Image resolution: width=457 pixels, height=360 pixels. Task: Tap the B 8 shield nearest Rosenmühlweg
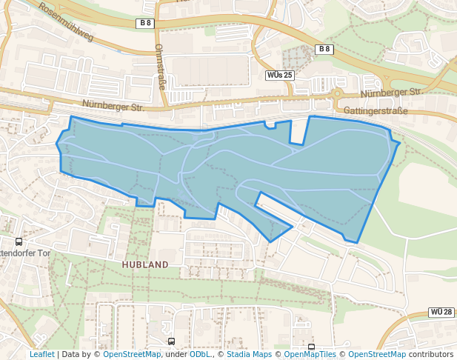pyautogui.click(x=145, y=23)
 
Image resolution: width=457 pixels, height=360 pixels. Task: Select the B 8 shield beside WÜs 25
pyautogui.click(x=323, y=49)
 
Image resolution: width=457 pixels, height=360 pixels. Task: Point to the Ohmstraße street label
pyautogui.click(x=160, y=66)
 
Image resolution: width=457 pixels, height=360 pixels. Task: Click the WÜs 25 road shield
pyautogui.click(x=279, y=76)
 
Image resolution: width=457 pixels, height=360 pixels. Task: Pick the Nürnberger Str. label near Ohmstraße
pyautogui.click(x=113, y=106)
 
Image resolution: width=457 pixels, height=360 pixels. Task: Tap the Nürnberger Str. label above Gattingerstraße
pyautogui.click(x=390, y=94)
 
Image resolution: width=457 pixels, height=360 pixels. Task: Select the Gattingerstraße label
pyautogui.click(x=376, y=110)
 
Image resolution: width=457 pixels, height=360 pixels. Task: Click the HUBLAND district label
pyautogui.click(x=146, y=264)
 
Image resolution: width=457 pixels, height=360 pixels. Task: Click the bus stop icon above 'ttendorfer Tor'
pyautogui.click(x=19, y=241)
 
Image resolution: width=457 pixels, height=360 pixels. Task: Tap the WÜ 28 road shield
pyautogui.click(x=441, y=313)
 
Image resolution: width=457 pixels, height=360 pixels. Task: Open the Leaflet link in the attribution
pyautogui.click(x=41, y=354)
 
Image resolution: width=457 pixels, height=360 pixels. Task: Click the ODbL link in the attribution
pyautogui.click(x=199, y=354)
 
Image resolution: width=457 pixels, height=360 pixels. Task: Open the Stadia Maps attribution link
pyautogui.click(x=247, y=354)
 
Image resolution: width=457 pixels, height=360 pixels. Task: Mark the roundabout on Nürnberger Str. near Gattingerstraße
pyautogui.click(x=336, y=94)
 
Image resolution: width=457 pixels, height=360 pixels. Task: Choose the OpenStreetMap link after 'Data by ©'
pyautogui.click(x=132, y=354)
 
